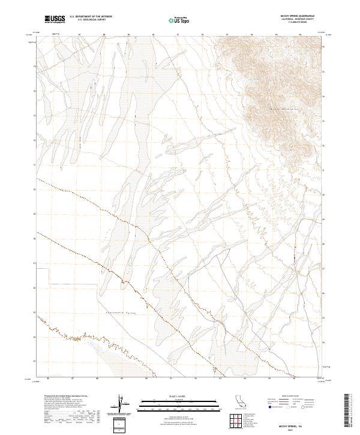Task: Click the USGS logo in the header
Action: point(54,20)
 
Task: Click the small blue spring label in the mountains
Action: point(254,81)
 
